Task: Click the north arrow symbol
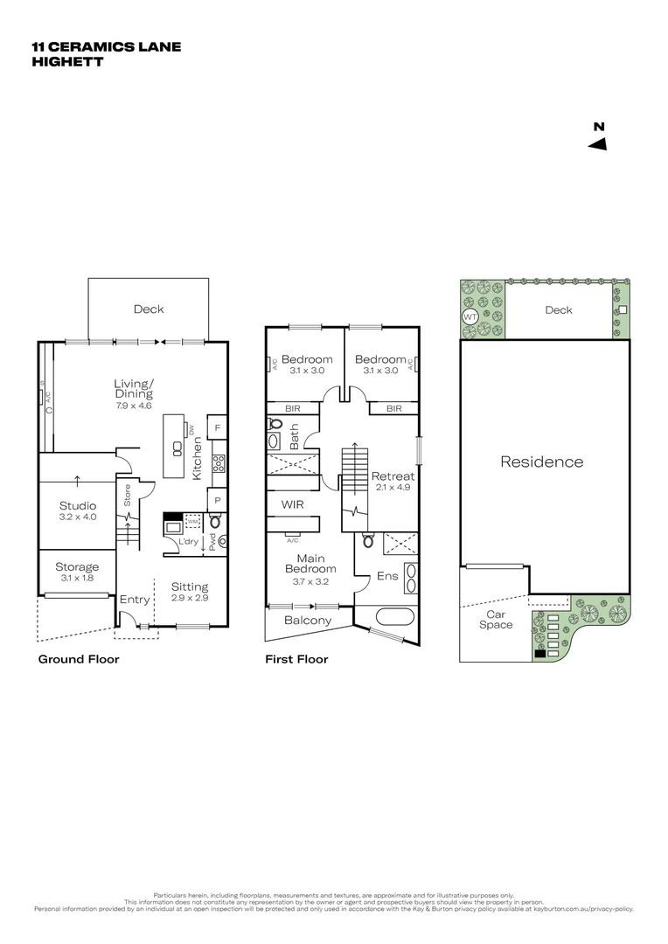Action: pyautogui.click(x=598, y=144)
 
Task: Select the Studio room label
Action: pyautogui.click(x=78, y=505)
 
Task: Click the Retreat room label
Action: pyautogui.click(x=393, y=476)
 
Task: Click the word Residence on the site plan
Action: pyautogui.click(x=541, y=462)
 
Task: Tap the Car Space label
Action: pyautogui.click(x=496, y=619)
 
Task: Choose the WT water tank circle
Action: pyautogui.click(x=470, y=316)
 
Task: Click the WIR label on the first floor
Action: pyautogui.click(x=292, y=504)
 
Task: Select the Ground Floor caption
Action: pyautogui.click(x=79, y=659)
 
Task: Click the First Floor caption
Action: pyautogui.click(x=296, y=659)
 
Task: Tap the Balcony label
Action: pyautogui.click(x=308, y=621)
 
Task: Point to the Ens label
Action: pyautogui.click(x=387, y=576)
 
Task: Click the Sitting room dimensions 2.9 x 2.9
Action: pyautogui.click(x=190, y=600)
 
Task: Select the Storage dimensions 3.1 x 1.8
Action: pyautogui.click(x=78, y=579)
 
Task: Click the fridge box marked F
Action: pyautogui.click(x=217, y=428)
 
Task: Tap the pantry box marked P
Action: pyautogui.click(x=217, y=500)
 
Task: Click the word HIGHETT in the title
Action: pyautogui.click(x=67, y=62)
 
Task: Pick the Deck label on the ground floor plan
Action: pyautogui.click(x=149, y=309)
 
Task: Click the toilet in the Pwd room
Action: pyautogui.click(x=216, y=523)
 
